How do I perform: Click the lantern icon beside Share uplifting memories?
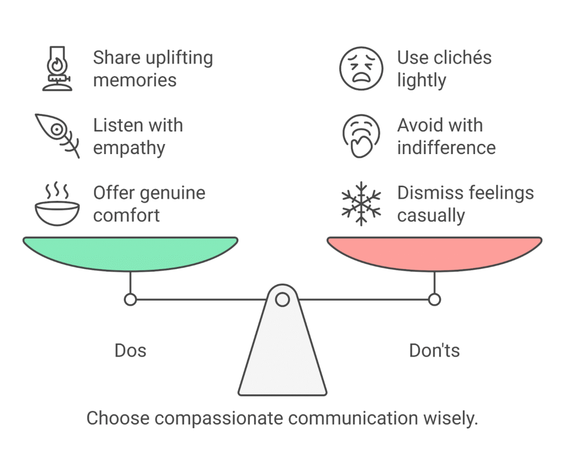[x=56, y=69]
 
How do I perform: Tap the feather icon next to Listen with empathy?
[x=56, y=136]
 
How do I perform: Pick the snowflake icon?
[x=361, y=204]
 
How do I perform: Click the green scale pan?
[x=130, y=253]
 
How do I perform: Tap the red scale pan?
[x=434, y=253]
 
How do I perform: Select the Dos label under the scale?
[x=130, y=351]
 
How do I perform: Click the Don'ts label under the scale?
[x=434, y=351]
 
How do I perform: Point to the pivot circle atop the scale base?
[x=282, y=300]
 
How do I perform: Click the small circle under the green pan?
[x=130, y=300]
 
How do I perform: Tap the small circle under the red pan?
[x=434, y=300]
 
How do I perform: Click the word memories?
[x=135, y=80]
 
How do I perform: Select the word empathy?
[x=129, y=148]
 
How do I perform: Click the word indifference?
[x=446, y=148]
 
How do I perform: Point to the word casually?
[x=431, y=216]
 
